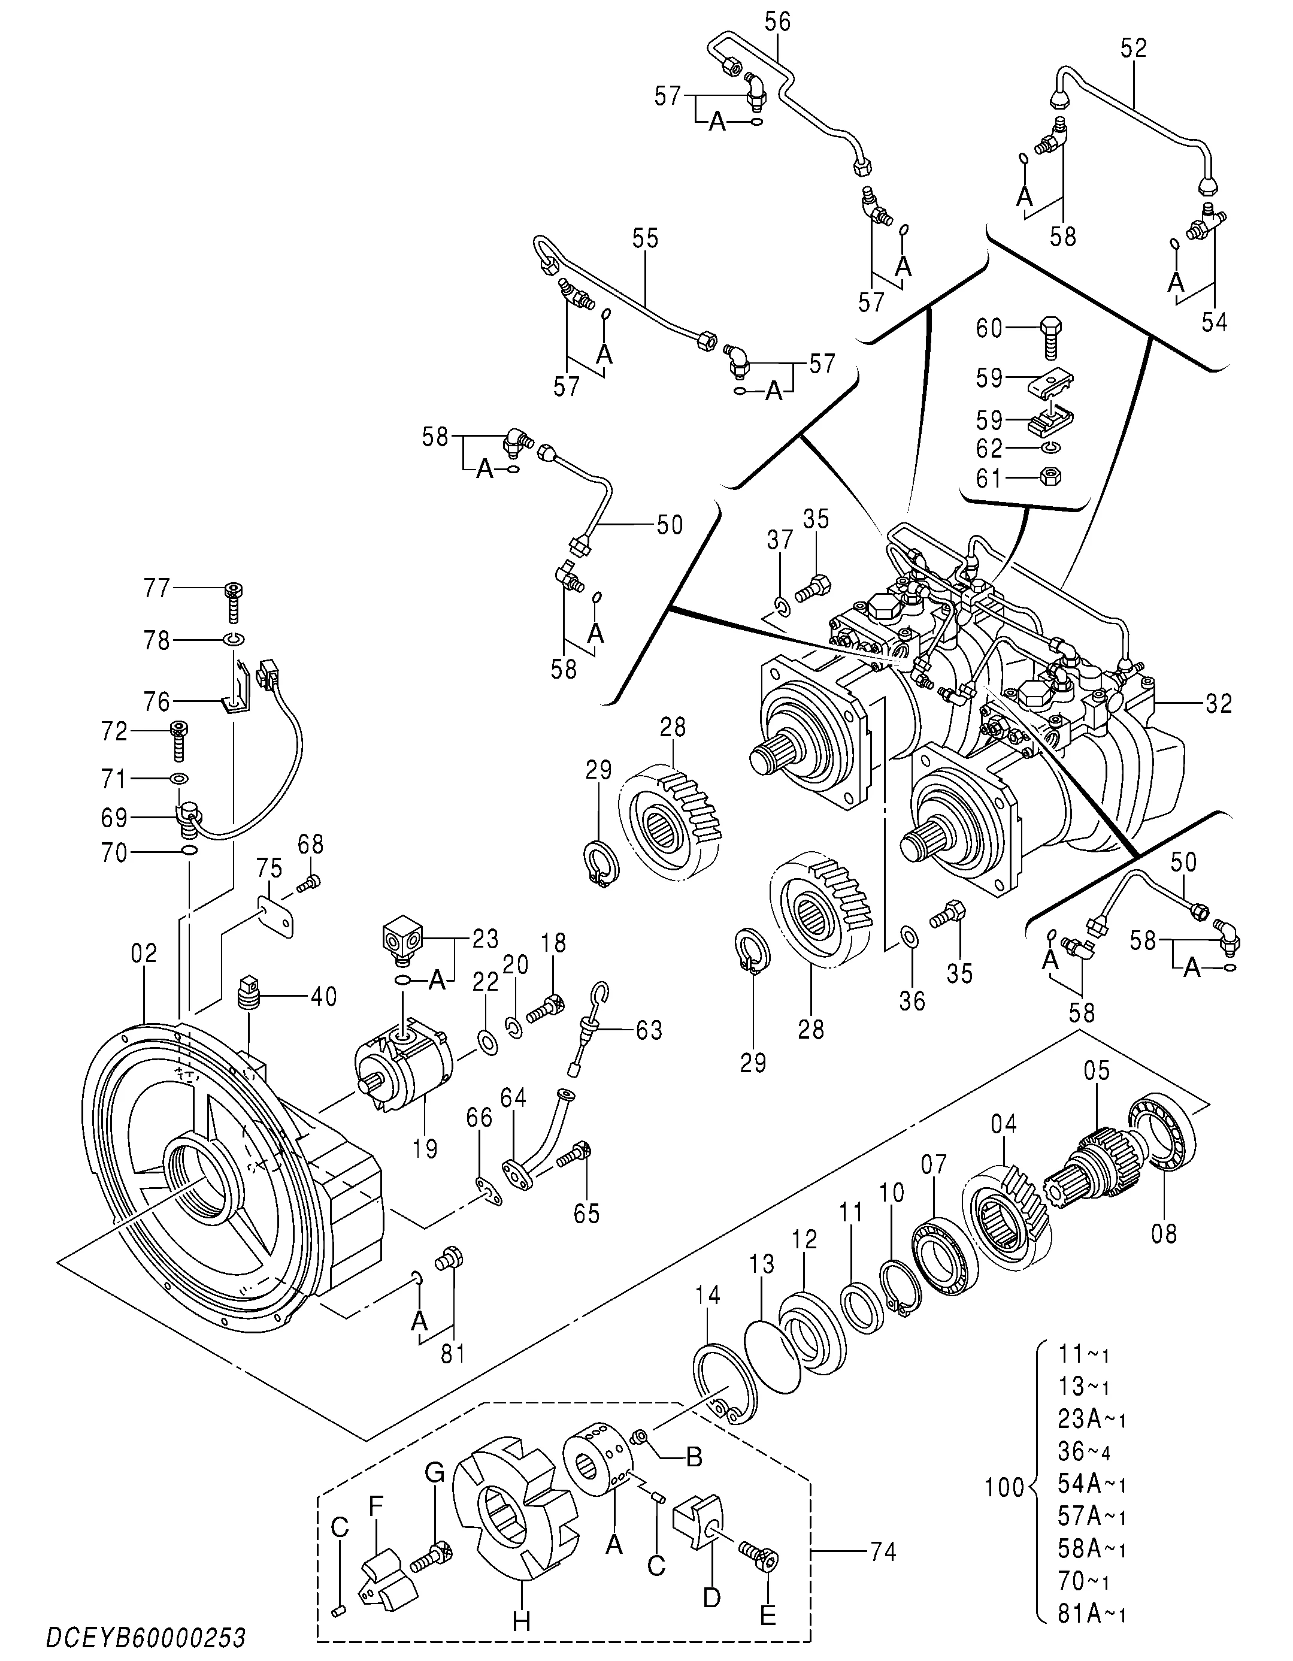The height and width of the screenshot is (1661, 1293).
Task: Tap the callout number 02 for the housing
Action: (x=144, y=953)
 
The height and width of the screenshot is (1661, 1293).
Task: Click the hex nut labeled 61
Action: (x=1050, y=477)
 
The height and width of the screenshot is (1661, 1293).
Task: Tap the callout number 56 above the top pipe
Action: (x=777, y=22)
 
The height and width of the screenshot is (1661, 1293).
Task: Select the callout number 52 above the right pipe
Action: (x=1133, y=48)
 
